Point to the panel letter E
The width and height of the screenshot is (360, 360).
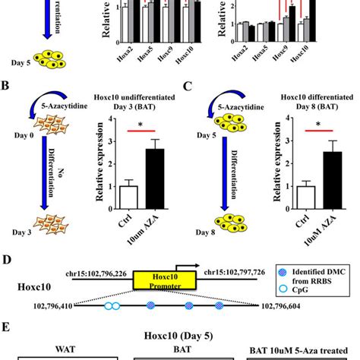pos(7,332)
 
